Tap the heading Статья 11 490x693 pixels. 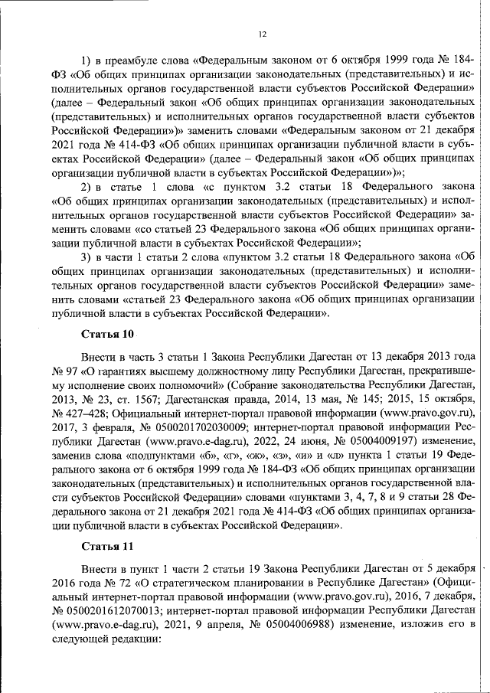click(x=107, y=546)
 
